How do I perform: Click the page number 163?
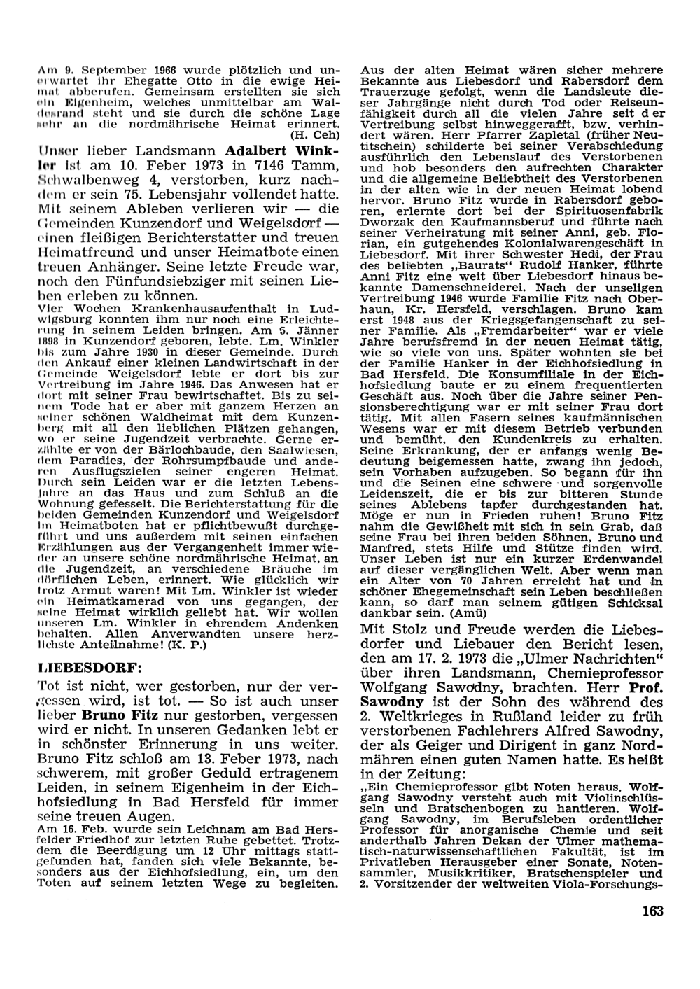click(x=650, y=911)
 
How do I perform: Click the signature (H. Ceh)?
click(x=314, y=134)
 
